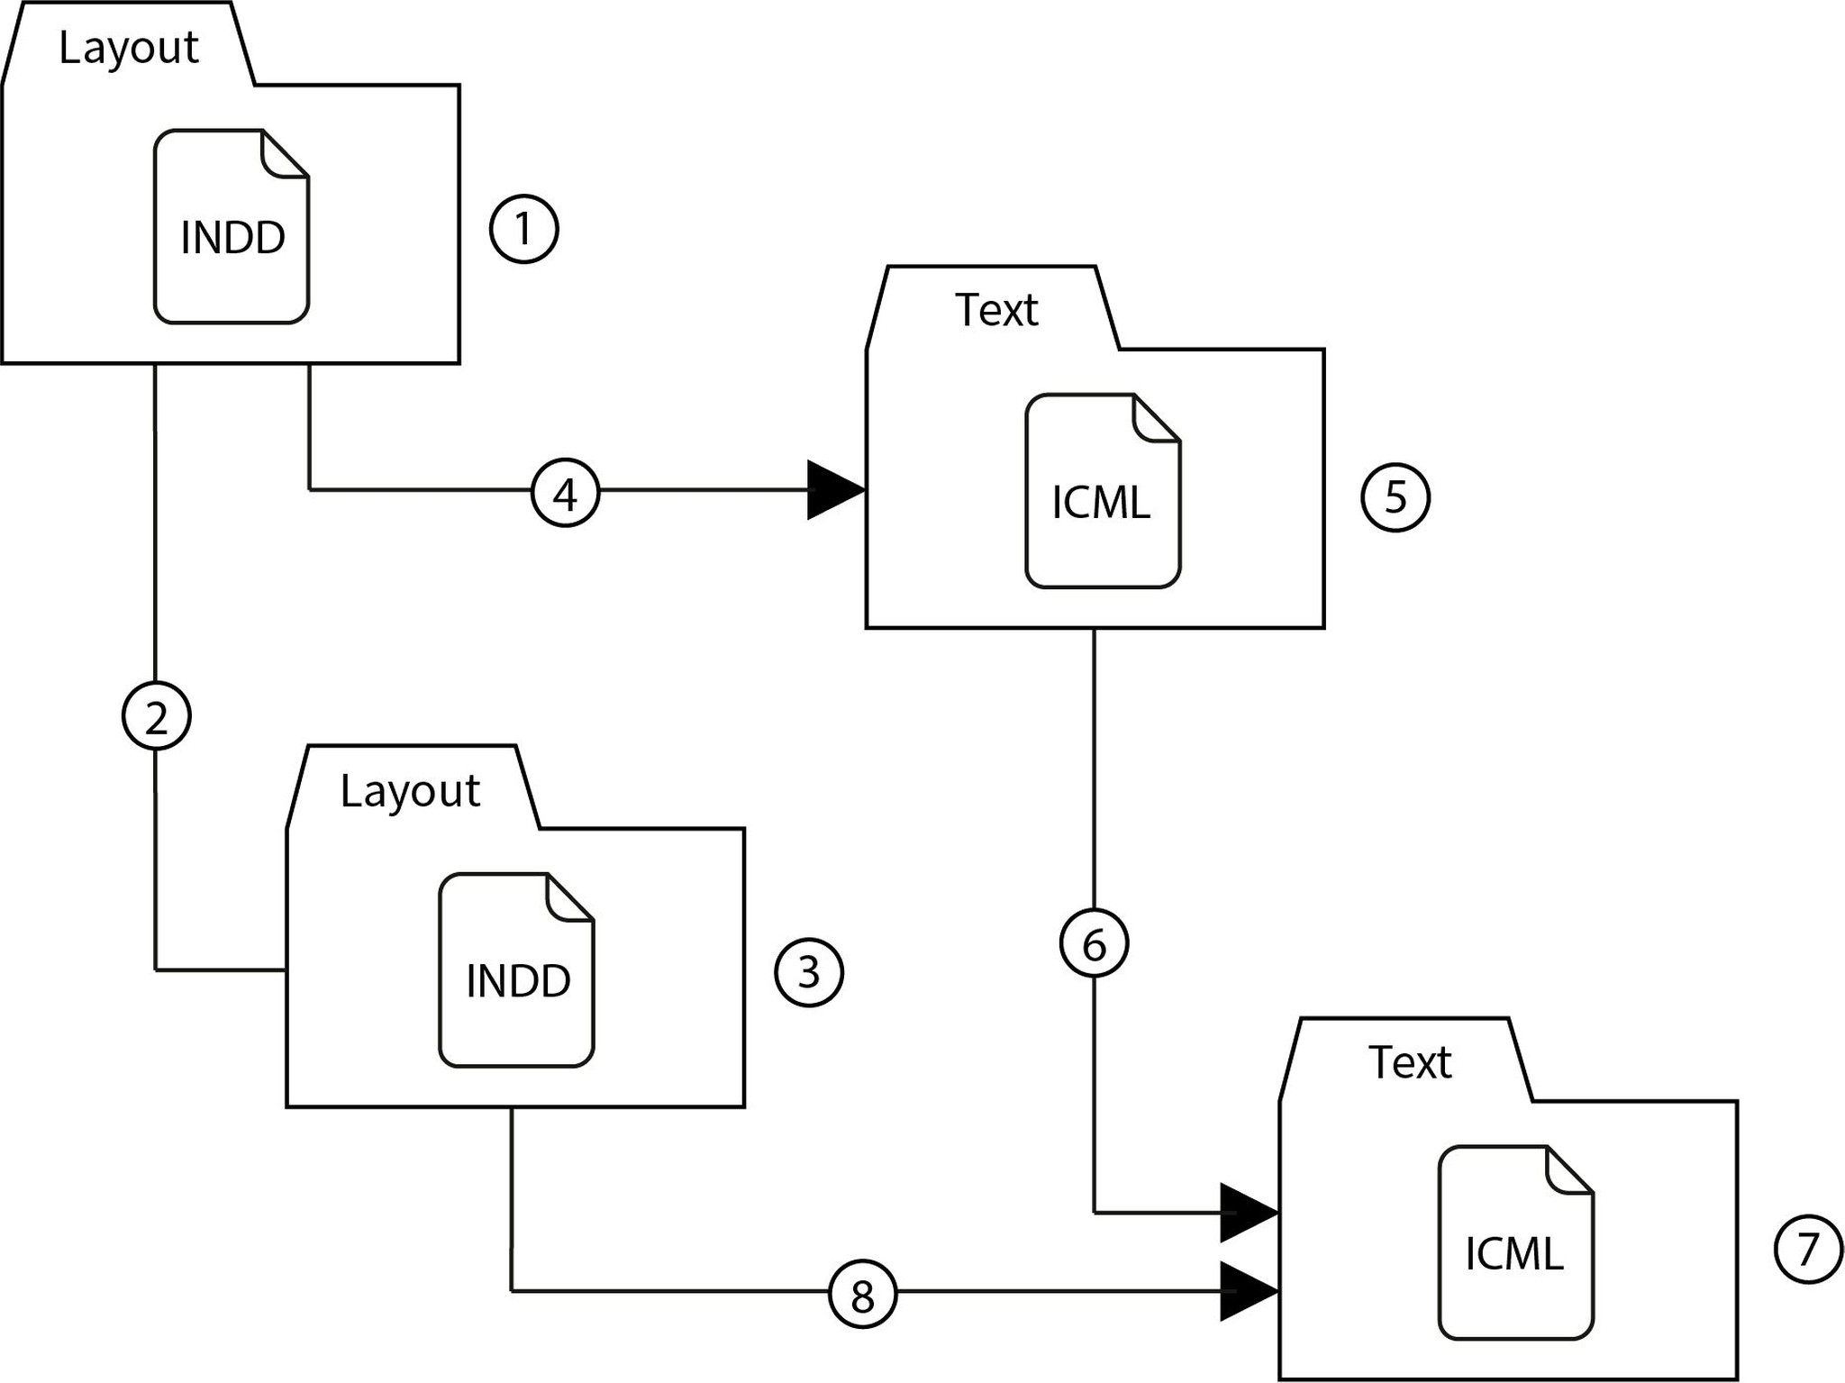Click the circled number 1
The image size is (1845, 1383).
pyautogui.click(x=523, y=229)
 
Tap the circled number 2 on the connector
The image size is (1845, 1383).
pyautogui.click(x=156, y=716)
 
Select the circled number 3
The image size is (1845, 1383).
pyautogui.click(x=809, y=972)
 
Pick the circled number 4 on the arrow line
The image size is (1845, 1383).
pyautogui.click(x=565, y=493)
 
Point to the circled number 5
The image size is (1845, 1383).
pyautogui.click(x=1395, y=497)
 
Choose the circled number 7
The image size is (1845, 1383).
pyautogui.click(x=1807, y=1250)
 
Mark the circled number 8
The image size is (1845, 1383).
pyautogui.click(x=862, y=1295)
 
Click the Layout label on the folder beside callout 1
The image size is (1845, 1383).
pyautogui.click(x=128, y=48)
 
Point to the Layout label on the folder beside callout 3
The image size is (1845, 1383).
pyautogui.click(x=410, y=791)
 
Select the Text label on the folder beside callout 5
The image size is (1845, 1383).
pyautogui.click(x=995, y=310)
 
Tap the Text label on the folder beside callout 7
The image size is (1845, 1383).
pyautogui.click(x=1409, y=1062)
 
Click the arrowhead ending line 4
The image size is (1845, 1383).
pyautogui.click(x=834, y=490)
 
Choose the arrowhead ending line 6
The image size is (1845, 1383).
pyautogui.click(x=1248, y=1213)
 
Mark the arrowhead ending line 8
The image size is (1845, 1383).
pyautogui.click(x=1248, y=1291)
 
